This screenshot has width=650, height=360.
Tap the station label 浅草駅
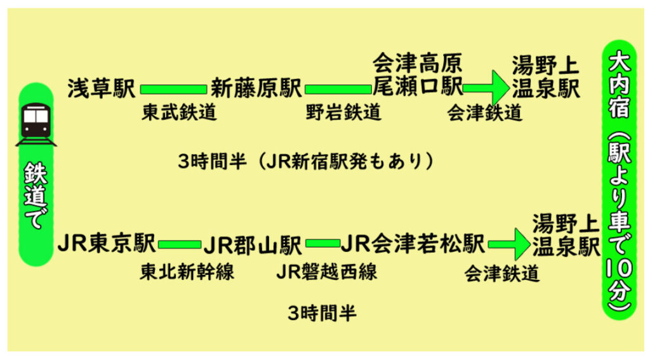click(x=102, y=88)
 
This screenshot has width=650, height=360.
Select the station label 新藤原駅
click(x=256, y=88)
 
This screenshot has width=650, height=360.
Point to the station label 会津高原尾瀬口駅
click(x=418, y=75)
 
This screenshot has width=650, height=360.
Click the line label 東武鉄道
click(x=179, y=112)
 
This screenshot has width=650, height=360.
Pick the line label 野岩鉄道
click(x=343, y=112)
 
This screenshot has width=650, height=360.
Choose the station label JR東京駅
click(x=107, y=243)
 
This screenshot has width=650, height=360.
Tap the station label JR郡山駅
click(x=253, y=244)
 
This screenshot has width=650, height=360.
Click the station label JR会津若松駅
click(x=413, y=243)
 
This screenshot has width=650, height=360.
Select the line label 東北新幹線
click(x=187, y=272)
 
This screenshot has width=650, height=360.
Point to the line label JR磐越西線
click(x=327, y=272)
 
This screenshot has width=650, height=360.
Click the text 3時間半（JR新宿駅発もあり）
click(x=306, y=161)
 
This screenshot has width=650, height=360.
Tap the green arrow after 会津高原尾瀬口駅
click(x=486, y=88)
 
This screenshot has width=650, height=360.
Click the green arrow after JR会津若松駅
click(x=510, y=244)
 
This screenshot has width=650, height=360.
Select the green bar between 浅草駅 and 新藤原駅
click(x=173, y=89)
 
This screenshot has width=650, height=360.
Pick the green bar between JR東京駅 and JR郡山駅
click(x=180, y=244)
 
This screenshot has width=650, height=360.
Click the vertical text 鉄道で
click(x=36, y=195)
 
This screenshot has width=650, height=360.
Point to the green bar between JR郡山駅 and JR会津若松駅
click(x=322, y=243)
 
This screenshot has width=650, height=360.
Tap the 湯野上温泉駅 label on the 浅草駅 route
click(x=545, y=77)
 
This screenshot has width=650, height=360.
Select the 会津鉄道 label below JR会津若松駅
click(x=501, y=273)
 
